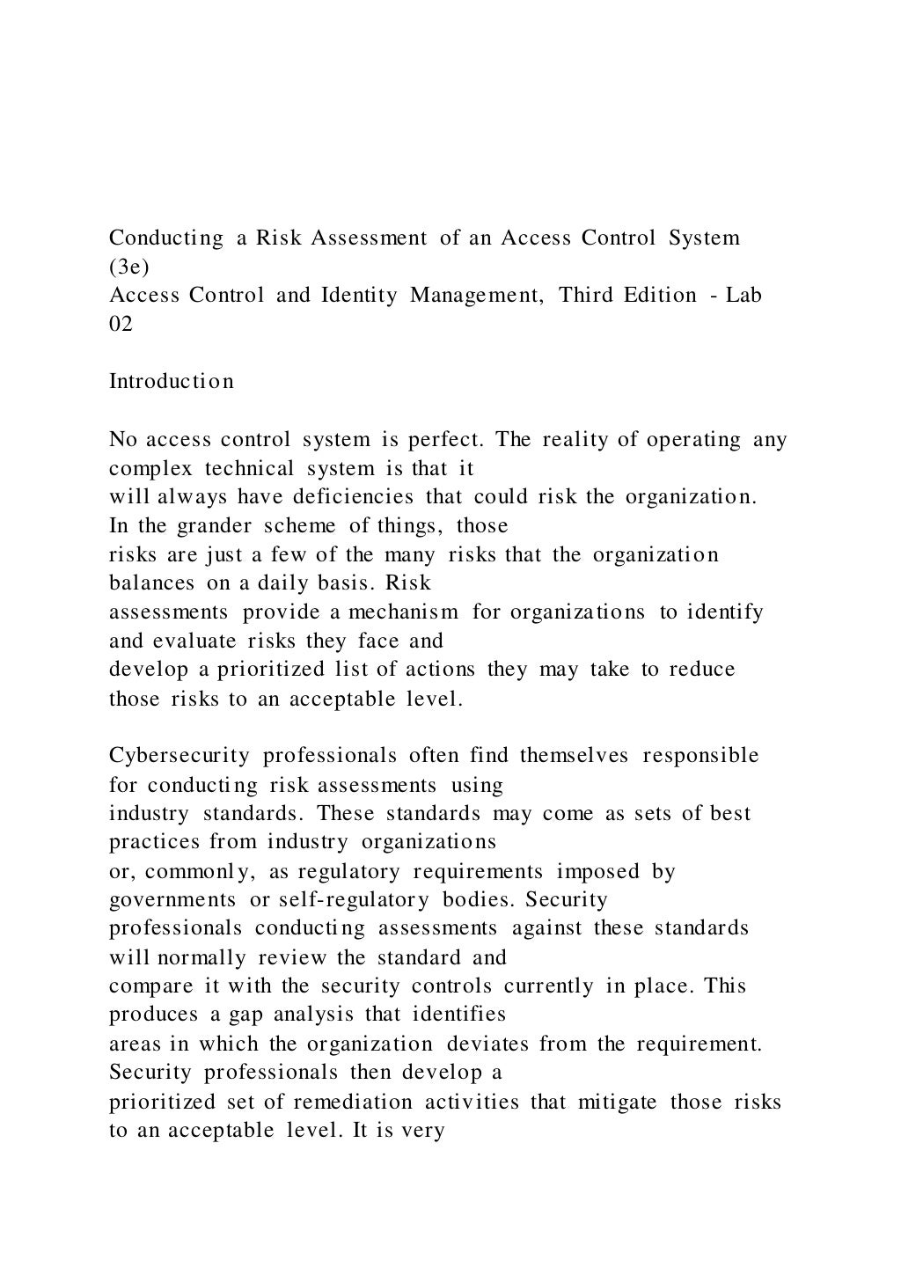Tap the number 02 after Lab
(x=121, y=324)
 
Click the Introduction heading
(x=172, y=382)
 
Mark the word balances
(x=151, y=583)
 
